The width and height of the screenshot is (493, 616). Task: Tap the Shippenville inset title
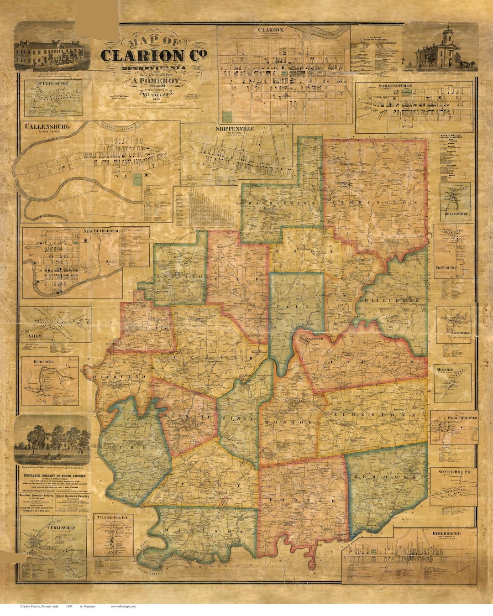235,129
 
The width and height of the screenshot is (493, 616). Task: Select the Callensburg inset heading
47,126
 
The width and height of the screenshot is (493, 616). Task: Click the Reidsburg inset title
44,362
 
